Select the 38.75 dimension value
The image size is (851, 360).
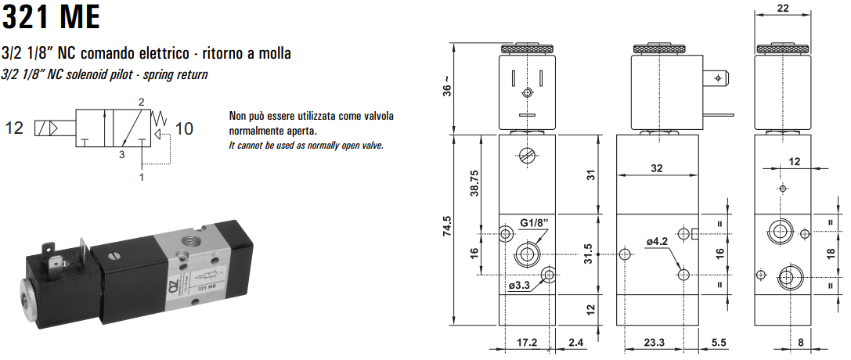[474, 184]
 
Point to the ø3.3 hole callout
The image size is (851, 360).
[520, 285]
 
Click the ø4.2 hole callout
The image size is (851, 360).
[656, 242]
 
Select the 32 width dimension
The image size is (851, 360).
[655, 167]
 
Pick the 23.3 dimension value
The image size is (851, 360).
[654, 342]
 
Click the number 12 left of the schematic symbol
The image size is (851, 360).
[15, 128]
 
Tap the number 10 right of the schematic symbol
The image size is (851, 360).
[183, 128]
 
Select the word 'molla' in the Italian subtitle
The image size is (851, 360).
[272, 54]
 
